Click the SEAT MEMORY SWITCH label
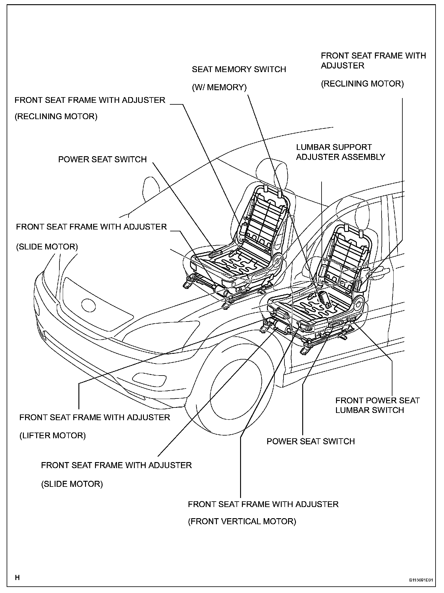click(239, 69)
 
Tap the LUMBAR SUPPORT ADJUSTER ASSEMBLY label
click(341, 152)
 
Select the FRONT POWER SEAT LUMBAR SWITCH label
click(377, 405)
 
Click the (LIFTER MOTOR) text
click(52, 436)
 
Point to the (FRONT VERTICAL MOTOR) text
click(242, 521)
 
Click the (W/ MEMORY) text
click(219, 87)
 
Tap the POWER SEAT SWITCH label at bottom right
click(311, 441)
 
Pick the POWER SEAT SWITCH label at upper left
click(102, 159)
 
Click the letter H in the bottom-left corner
click(17, 577)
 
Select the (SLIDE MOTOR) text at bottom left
click(72, 484)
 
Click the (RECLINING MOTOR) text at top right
click(362, 84)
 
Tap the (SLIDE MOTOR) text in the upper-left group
click(47, 247)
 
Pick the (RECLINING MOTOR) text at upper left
click(56, 116)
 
